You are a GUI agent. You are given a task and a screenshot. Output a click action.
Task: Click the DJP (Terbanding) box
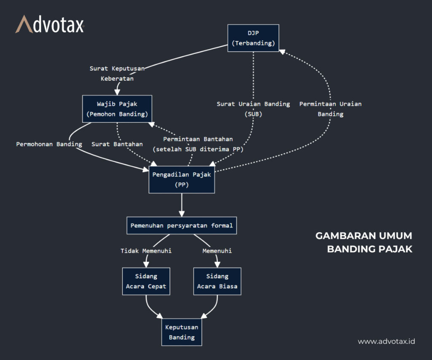(253, 38)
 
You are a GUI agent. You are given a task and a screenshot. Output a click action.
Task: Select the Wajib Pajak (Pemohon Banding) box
(117, 109)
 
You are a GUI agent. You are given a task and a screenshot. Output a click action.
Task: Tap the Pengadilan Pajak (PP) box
(182, 179)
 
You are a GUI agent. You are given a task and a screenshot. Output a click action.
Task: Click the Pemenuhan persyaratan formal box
(182, 225)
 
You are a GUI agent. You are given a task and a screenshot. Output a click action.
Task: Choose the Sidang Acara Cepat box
(146, 281)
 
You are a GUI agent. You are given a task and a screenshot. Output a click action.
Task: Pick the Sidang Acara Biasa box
(217, 281)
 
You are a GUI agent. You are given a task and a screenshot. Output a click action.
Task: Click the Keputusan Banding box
(182, 332)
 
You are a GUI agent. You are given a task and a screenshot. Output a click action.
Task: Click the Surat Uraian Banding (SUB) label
(253, 108)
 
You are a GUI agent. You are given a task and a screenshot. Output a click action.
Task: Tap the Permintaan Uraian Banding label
(330, 108)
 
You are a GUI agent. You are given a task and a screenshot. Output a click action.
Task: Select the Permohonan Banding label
(49, 144)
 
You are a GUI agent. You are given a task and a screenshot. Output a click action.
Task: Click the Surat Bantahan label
(117, 144)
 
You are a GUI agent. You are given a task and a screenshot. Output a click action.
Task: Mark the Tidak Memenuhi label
(146, 251)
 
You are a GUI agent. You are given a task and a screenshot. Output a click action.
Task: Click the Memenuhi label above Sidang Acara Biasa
(217, 251)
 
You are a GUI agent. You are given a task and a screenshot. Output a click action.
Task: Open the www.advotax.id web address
(386, 341)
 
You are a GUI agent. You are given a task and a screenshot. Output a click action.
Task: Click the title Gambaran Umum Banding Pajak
(364, 242)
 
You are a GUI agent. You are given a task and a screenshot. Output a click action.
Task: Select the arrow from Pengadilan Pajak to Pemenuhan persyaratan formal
(182, 205)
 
